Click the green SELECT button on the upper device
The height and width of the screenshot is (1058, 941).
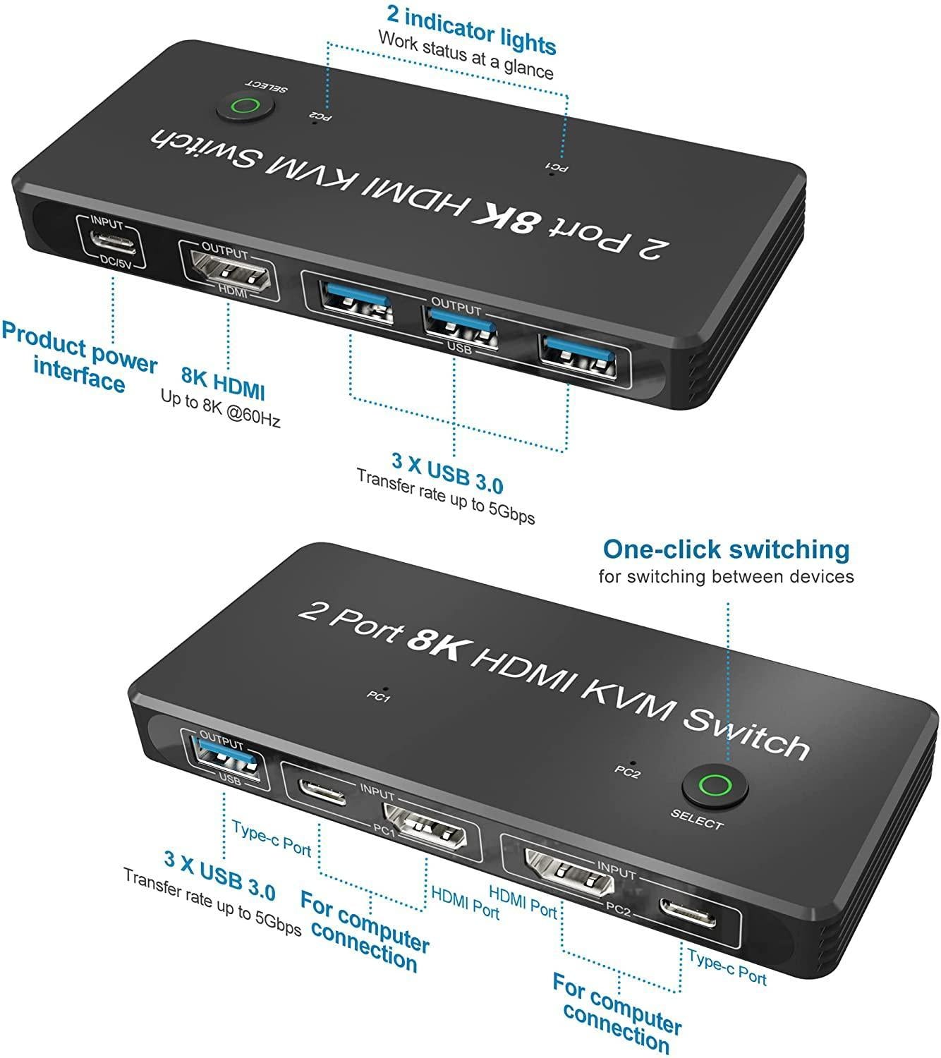[245, 107]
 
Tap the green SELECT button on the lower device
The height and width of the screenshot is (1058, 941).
[715, 785]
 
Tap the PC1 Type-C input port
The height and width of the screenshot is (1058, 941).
[322, 791]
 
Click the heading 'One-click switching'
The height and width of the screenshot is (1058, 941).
[726, 549]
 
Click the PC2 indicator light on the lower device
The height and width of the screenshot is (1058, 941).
[633, 762]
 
